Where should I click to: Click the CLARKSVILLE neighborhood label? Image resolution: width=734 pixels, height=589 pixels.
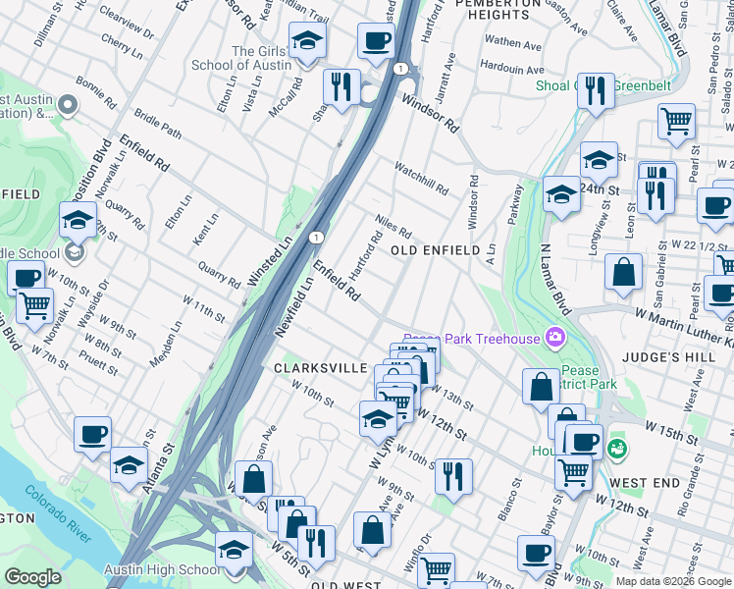point(312,368)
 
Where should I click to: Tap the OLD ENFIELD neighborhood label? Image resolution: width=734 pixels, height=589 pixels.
point(437,251)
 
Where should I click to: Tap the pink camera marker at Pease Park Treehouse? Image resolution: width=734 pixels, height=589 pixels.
point(556,339)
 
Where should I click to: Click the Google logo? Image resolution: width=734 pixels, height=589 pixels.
point(32,577)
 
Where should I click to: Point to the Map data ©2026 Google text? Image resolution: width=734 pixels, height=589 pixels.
point(673,581)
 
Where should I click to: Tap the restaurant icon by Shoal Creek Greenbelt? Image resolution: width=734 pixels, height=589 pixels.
point(595,90)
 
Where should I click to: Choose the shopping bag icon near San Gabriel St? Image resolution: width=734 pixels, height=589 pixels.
point(623,272)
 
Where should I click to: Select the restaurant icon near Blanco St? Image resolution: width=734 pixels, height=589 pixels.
point(452,476)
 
